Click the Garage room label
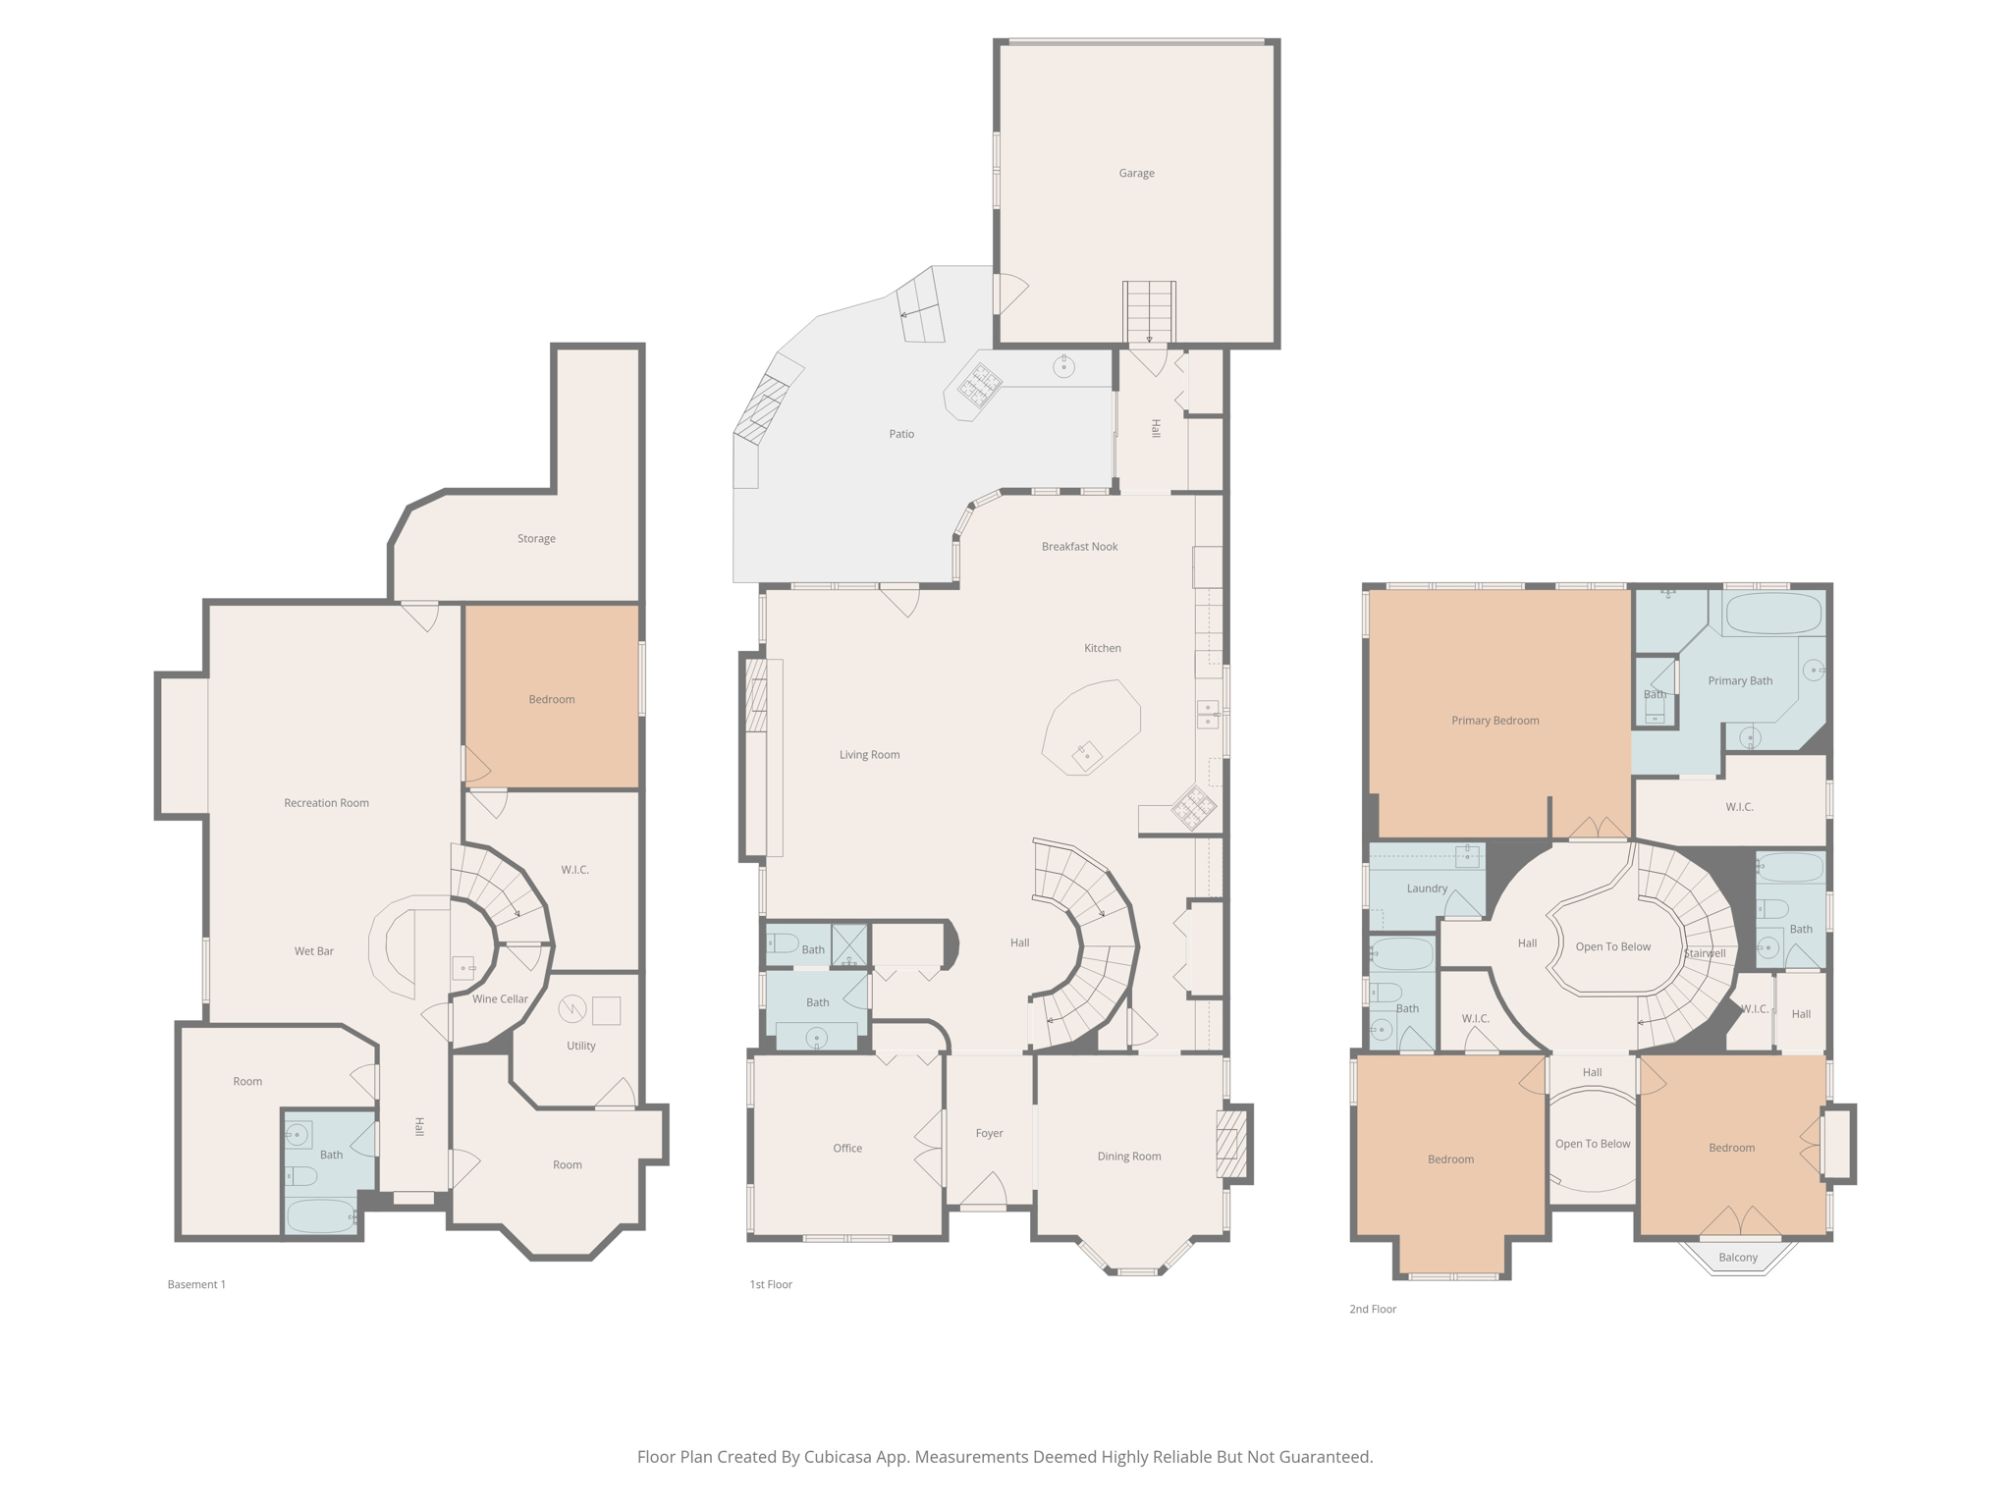coord(1136,173)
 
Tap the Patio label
coord(901,434)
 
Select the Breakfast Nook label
coord(1079,547)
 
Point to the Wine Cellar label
coord(500,999)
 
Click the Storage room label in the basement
coord(536,539)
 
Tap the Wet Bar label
coord(314,951)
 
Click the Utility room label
coord(580,1046)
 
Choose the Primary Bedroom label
coord(1495,721)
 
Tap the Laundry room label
coord(1427,889)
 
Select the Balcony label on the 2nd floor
coord(1738,1258)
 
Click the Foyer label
coord(989,1133)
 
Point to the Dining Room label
coord(1128,1157)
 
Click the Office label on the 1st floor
coord(847,1149)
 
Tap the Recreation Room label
coord(326,803)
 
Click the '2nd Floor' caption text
coord(1372,1309)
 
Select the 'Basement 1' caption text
coord(196,1284)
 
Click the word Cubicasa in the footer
coord(841,1457)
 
